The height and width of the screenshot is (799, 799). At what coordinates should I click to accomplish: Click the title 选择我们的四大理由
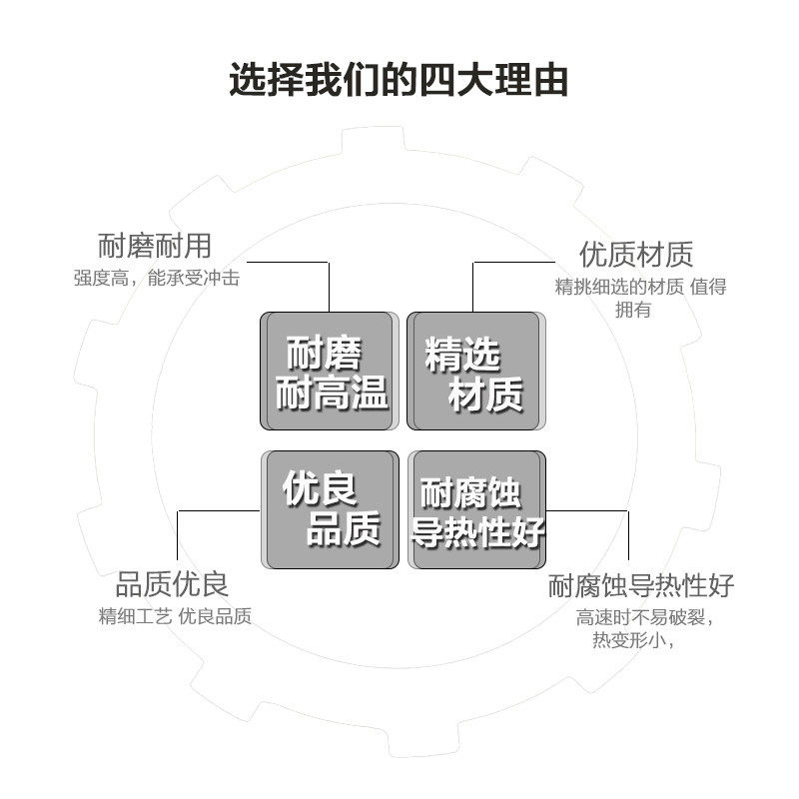point(399,79)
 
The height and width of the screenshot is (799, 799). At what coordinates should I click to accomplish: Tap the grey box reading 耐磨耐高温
point(327,371)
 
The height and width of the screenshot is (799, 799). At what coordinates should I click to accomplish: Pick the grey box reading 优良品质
point(327,509)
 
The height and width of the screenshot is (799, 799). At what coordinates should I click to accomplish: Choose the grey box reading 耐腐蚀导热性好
point(477,509)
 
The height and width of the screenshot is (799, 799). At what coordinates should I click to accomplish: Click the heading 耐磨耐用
point(155,245)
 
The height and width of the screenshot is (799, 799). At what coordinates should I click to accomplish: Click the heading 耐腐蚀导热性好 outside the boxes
point(640,585)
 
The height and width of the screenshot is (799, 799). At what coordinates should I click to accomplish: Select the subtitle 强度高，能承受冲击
point(157,279)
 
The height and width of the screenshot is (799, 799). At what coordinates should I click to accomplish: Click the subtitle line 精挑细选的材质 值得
point(640,287)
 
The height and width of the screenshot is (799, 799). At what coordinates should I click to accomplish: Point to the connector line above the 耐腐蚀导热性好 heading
point(627,534)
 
